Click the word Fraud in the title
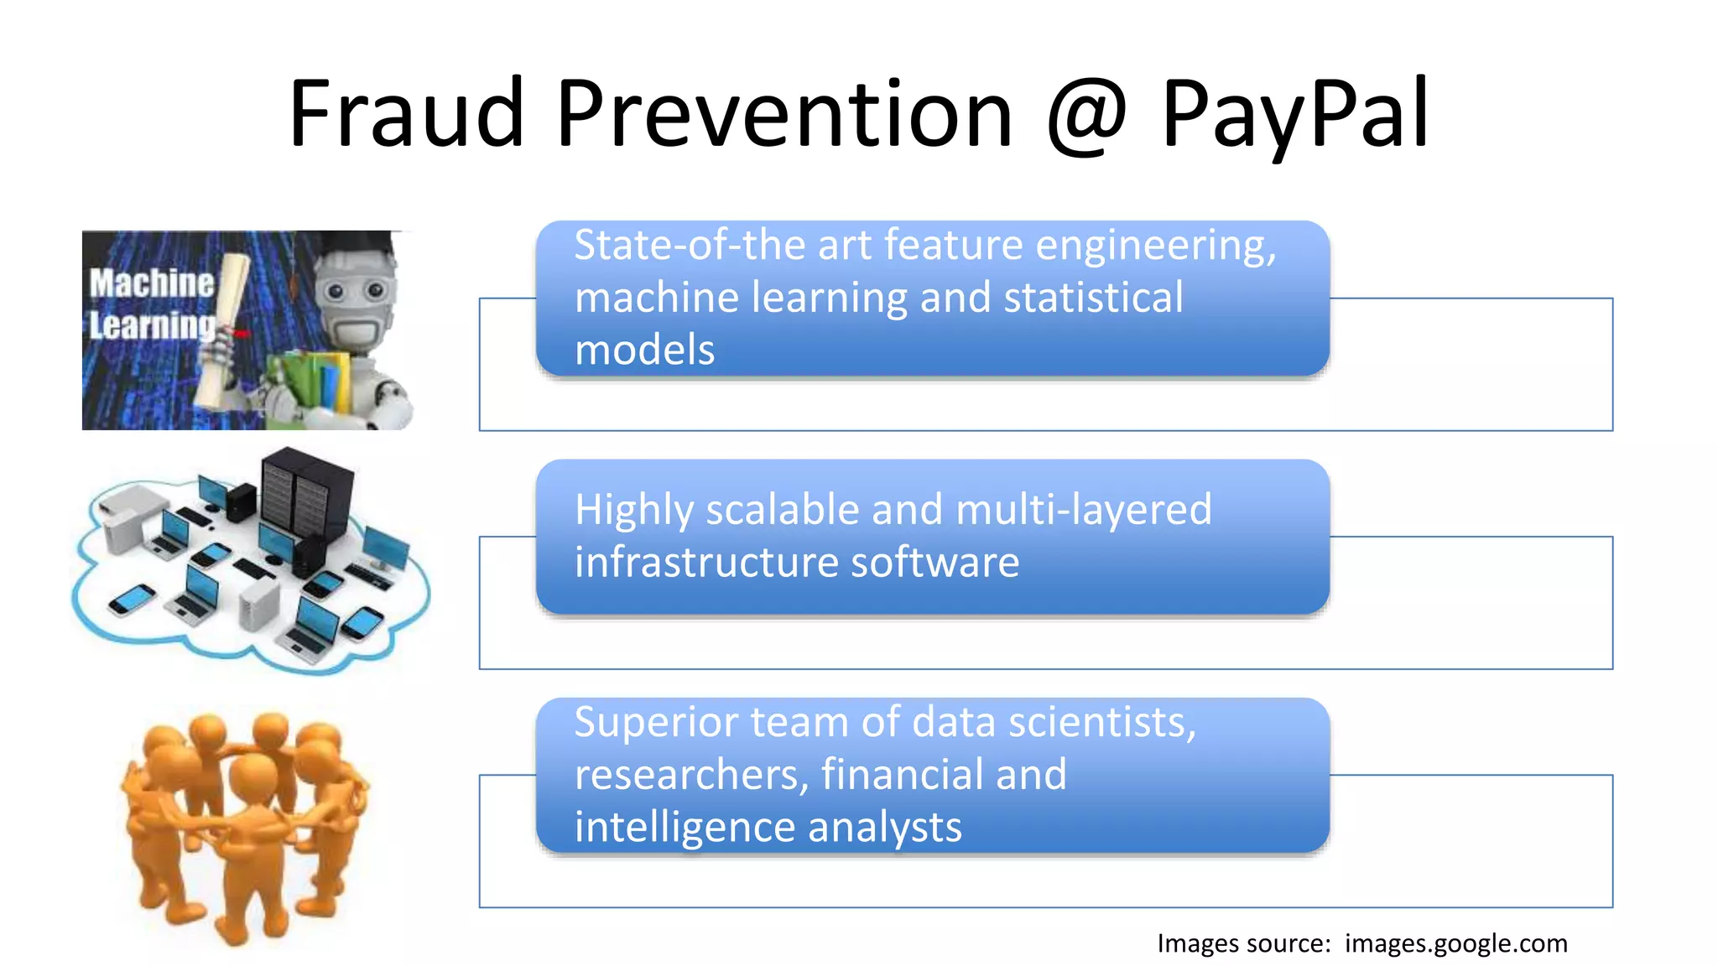click(406, 113)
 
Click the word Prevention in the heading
click(784, 113)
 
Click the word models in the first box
click(644, 350)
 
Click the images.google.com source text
click(1455, 943)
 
